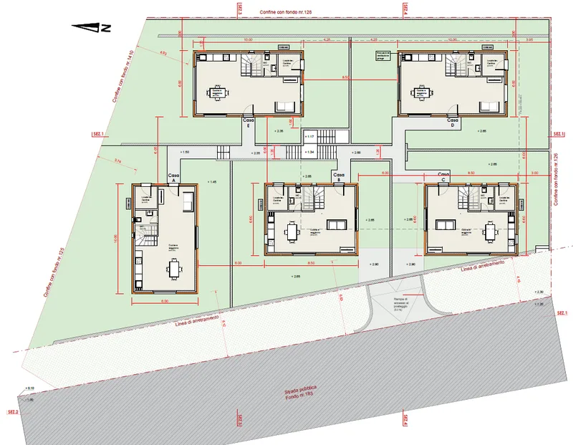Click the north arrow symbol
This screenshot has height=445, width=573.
click(91, 27)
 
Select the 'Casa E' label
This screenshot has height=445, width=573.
click(248, 122)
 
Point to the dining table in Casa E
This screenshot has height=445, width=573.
click(216, 92)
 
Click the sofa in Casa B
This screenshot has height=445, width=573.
click(336, 225)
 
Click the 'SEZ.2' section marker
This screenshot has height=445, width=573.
click(12, 413)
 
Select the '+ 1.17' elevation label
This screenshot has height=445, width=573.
click(310, 136)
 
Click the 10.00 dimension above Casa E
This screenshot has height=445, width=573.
click(248, 40)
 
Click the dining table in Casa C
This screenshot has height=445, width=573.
click(491, 231)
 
